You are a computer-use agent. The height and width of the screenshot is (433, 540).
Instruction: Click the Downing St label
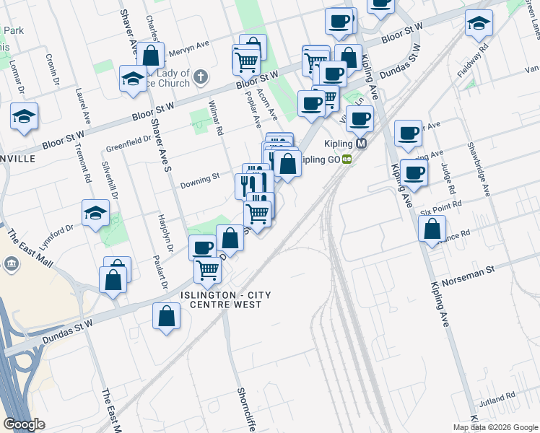point(199,178)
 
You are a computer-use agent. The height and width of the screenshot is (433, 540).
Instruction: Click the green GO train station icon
point(347,159)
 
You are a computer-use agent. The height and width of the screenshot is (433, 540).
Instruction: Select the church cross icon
point(201,75)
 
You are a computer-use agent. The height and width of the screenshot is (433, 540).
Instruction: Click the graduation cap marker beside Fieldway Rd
point(479,23)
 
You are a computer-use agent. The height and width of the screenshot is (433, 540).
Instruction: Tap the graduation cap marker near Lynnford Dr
point(95,212)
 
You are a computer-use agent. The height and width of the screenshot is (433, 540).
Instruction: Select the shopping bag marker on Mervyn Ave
point(152,56)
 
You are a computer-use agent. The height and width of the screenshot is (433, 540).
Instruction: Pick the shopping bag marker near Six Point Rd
point(431,229)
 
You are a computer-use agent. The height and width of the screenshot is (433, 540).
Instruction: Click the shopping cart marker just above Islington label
point(208,269)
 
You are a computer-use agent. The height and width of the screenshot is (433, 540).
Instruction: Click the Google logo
point(25,424)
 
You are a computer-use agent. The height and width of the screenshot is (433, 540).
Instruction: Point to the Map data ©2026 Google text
point(495,427)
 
